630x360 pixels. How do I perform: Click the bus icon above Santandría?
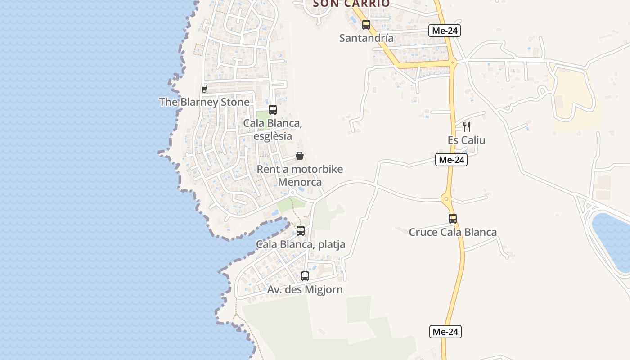click(366, 25)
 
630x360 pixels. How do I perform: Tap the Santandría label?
click(366, 38)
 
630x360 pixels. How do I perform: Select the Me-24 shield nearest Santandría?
click(445, 31)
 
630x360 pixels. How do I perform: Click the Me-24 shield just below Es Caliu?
click(451, 160)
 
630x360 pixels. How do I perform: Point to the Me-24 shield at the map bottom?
click(445, 332)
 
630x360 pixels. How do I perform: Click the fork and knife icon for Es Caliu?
click(467, 127)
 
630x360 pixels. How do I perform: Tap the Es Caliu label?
click(467, 140)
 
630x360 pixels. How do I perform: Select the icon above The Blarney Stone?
click(204, 89)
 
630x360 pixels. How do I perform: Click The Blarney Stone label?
click(204, 102)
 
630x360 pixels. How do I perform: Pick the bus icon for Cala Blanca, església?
click(273, 110)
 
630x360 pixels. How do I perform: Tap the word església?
click(273, 136)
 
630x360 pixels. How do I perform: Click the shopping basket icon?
click(300, 156)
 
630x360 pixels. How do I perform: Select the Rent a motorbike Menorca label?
click(300, 175)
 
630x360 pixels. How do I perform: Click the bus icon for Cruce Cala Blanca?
click(453, 219)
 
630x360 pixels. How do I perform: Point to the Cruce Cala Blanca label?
click(453, 232)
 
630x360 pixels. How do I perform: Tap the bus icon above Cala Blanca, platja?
click(301, 231)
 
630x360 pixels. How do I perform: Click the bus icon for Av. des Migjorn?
click(305, 276)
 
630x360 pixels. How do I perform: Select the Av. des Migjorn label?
click(305, 290)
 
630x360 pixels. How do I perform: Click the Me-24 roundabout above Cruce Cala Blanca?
click(446, 198)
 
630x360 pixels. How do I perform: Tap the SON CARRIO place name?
click(351, 4)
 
